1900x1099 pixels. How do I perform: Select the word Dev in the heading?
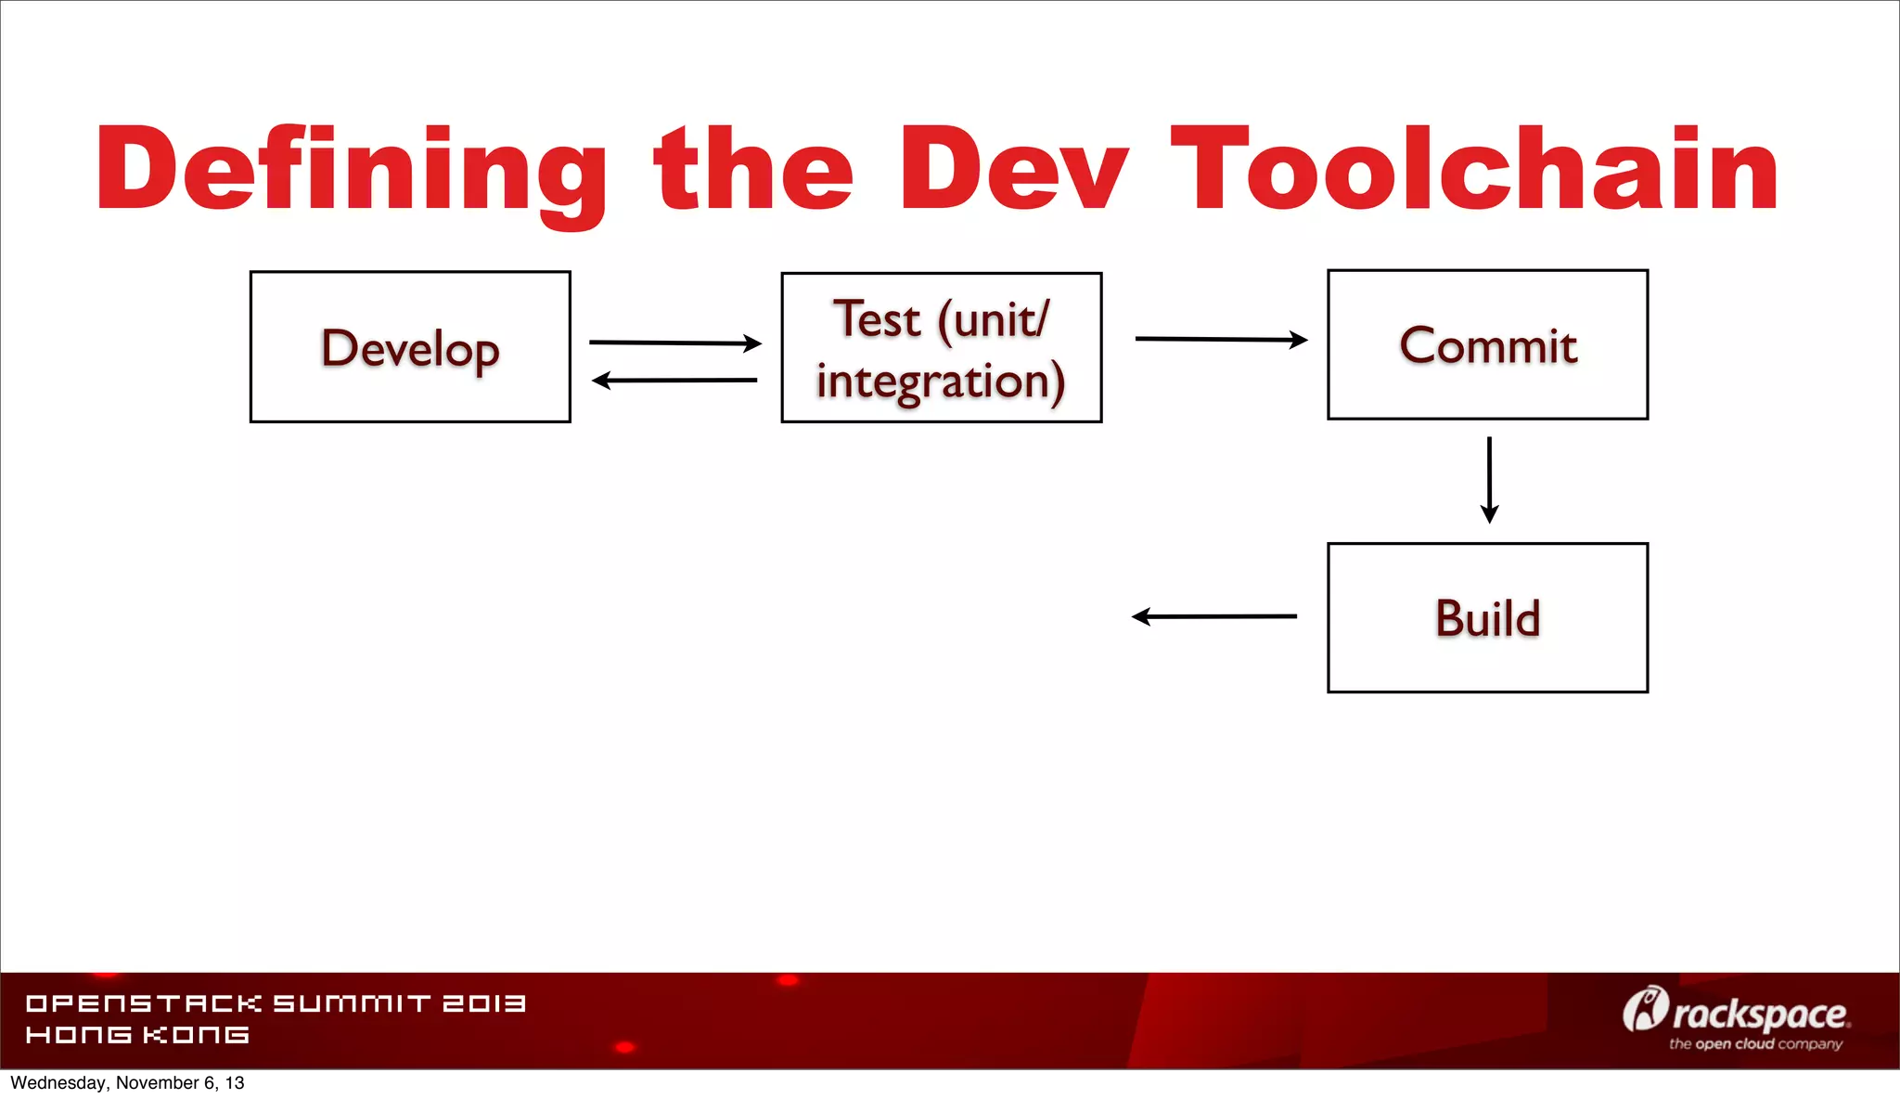1013,170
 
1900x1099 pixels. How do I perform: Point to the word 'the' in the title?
753,170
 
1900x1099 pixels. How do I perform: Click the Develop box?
410,347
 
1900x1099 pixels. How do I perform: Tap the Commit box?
1487,344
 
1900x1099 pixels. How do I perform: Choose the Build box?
1487,617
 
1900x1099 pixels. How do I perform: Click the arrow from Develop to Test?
675,343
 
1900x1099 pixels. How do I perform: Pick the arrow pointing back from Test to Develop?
674,380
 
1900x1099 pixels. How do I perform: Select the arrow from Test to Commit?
1221,340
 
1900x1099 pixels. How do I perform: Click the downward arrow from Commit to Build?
1489,480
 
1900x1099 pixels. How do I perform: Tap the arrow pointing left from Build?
1213,616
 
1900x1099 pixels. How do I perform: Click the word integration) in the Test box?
941,381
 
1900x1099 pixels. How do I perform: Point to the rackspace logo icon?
1645,1010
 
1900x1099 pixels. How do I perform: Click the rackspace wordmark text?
1761,1015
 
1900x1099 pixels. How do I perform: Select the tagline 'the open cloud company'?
1755,1044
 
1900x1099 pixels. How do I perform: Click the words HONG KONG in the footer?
137,1035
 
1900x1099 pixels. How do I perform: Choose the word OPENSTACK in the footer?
144,1003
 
